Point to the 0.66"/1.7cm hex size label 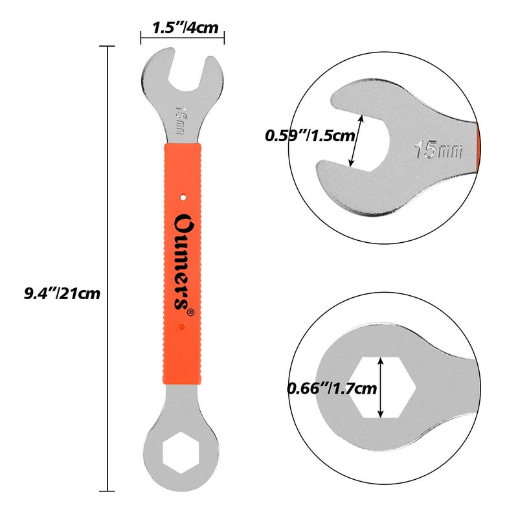click(x=332, y=388)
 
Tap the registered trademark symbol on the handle click(x=190, y=312)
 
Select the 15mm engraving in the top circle click(x=439, y=150)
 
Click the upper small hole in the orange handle click(x=183, y=194)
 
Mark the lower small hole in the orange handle click(x=183, y=328)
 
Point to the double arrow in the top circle click(x=355, y=140)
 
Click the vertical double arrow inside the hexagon click(x=381, y=387)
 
